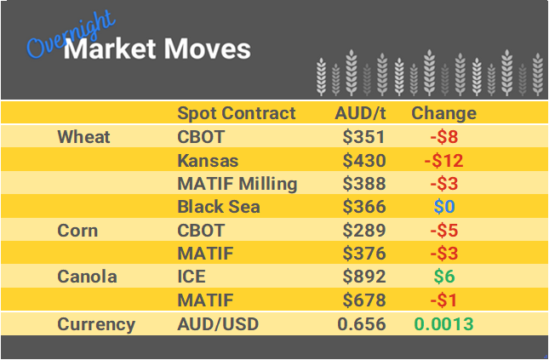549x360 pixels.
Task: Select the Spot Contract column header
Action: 236,113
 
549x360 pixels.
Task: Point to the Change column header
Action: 443,113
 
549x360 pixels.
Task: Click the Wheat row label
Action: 83,137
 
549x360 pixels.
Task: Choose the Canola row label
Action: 87,277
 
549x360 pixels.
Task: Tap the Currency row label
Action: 96,324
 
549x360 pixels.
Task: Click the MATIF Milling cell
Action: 237,184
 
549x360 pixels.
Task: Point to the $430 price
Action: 364,161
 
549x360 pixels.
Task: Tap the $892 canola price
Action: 364,277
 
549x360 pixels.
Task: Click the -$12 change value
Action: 443,161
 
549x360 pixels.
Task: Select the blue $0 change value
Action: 443,207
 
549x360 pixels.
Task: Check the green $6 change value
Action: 443,277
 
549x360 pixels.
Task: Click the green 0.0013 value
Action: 443,324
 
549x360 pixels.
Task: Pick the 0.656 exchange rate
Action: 362,324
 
